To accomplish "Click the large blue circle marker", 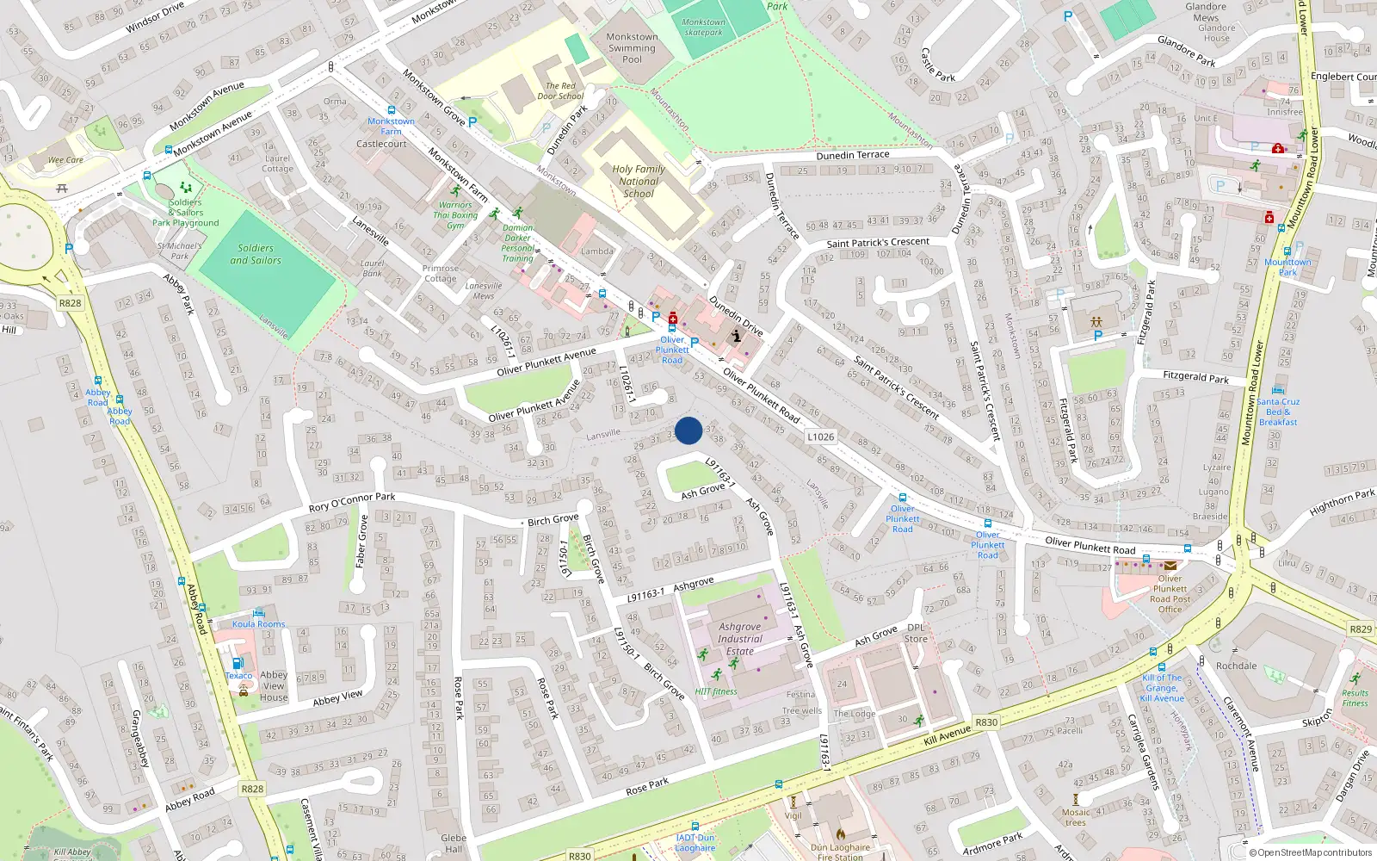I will coord(688,430).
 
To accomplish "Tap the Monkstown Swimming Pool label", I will coord(632,48).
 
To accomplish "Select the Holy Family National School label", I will coord(639,182).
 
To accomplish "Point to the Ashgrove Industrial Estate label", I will coord(740,639).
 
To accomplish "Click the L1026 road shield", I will coord(820,437).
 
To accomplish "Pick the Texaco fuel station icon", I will coord(238,663).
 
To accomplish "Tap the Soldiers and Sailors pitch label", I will coord(256,254).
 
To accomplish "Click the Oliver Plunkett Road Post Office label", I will coord(1170,594).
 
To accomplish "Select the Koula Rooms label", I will coord(258,624).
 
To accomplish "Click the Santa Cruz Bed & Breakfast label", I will coord(1278,412).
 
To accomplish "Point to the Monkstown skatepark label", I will coord(703,28).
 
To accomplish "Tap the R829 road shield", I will coord(1361,629).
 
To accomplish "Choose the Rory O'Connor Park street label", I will coord(352,502).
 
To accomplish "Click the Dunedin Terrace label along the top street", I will coord(852,156).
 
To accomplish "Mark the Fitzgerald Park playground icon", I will coord(1096,321).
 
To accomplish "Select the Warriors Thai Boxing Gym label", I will coord(455,215).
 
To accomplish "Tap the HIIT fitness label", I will coord(716,691).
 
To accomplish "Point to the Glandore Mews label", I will coord(1206,12).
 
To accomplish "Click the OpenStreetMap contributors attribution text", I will coord(1311,853).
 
